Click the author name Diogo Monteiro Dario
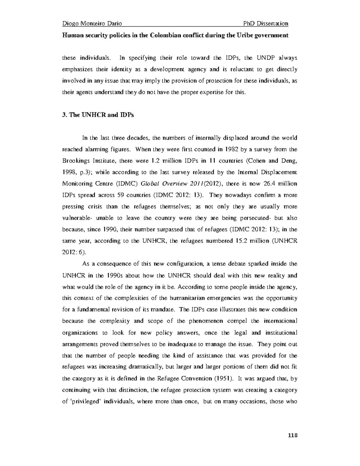click(x=92, y=24)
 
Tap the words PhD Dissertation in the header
click(x=266, y=24)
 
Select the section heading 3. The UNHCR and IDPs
click(x=98, y=115)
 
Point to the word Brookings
click(x=76, y=161)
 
